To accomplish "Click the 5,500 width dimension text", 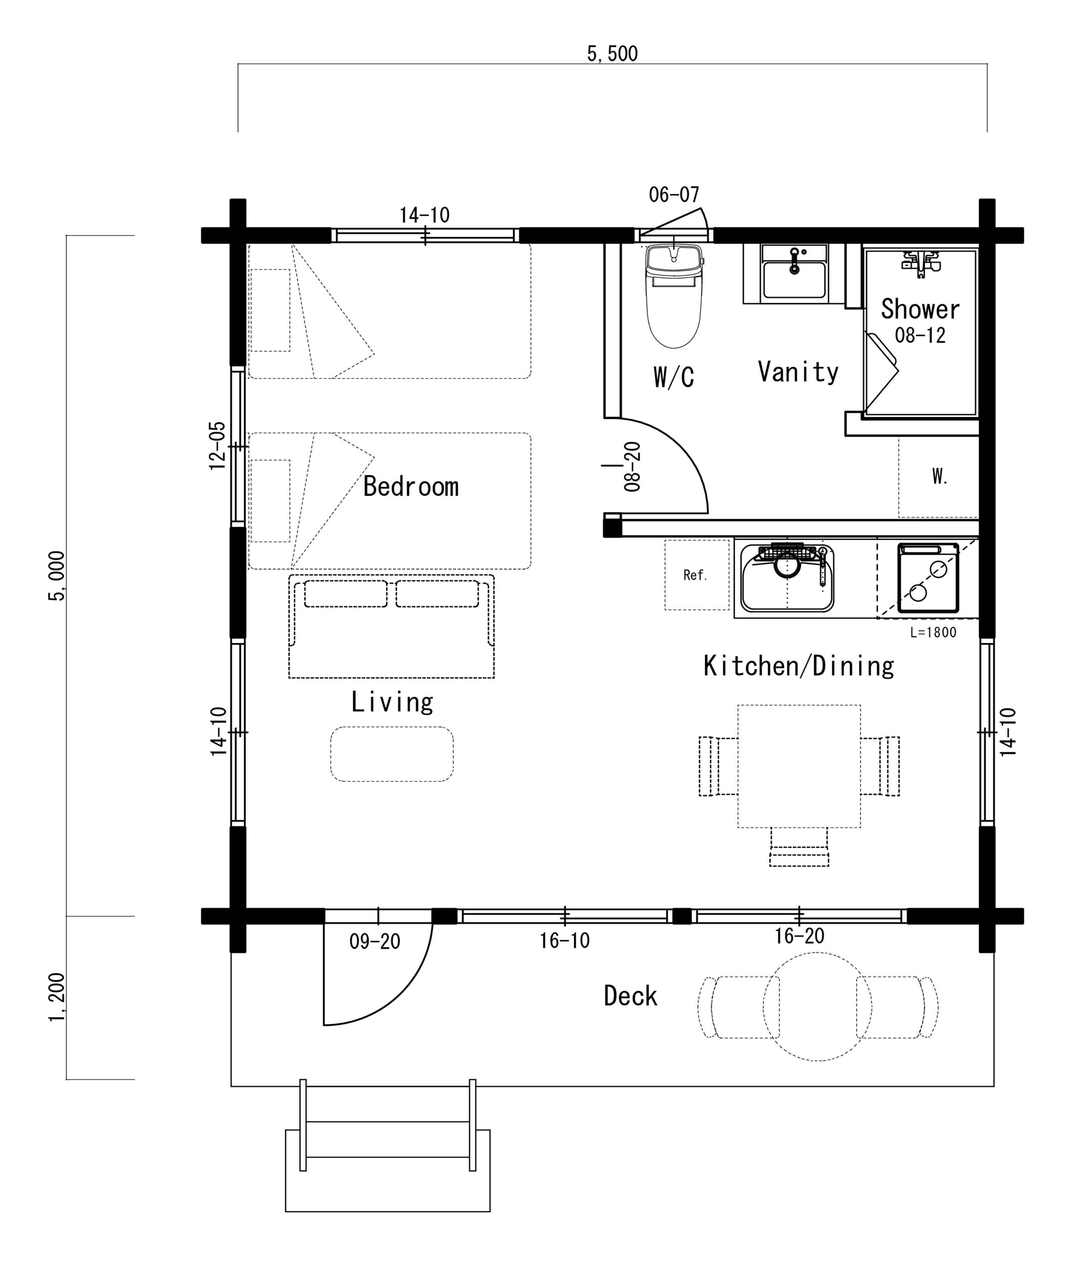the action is point(612,54).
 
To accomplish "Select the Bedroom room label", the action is point(411,486).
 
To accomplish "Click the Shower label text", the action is point(920,309).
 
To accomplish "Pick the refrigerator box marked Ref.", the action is point(697,575).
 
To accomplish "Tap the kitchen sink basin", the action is point(787,578).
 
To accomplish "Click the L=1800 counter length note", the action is point(933,633).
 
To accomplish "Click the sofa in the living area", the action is point(391,627).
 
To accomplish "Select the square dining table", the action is point(799,766).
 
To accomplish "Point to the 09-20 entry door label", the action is point(374,942).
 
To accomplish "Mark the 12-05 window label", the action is point(217,446).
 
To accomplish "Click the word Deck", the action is point(630,996).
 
